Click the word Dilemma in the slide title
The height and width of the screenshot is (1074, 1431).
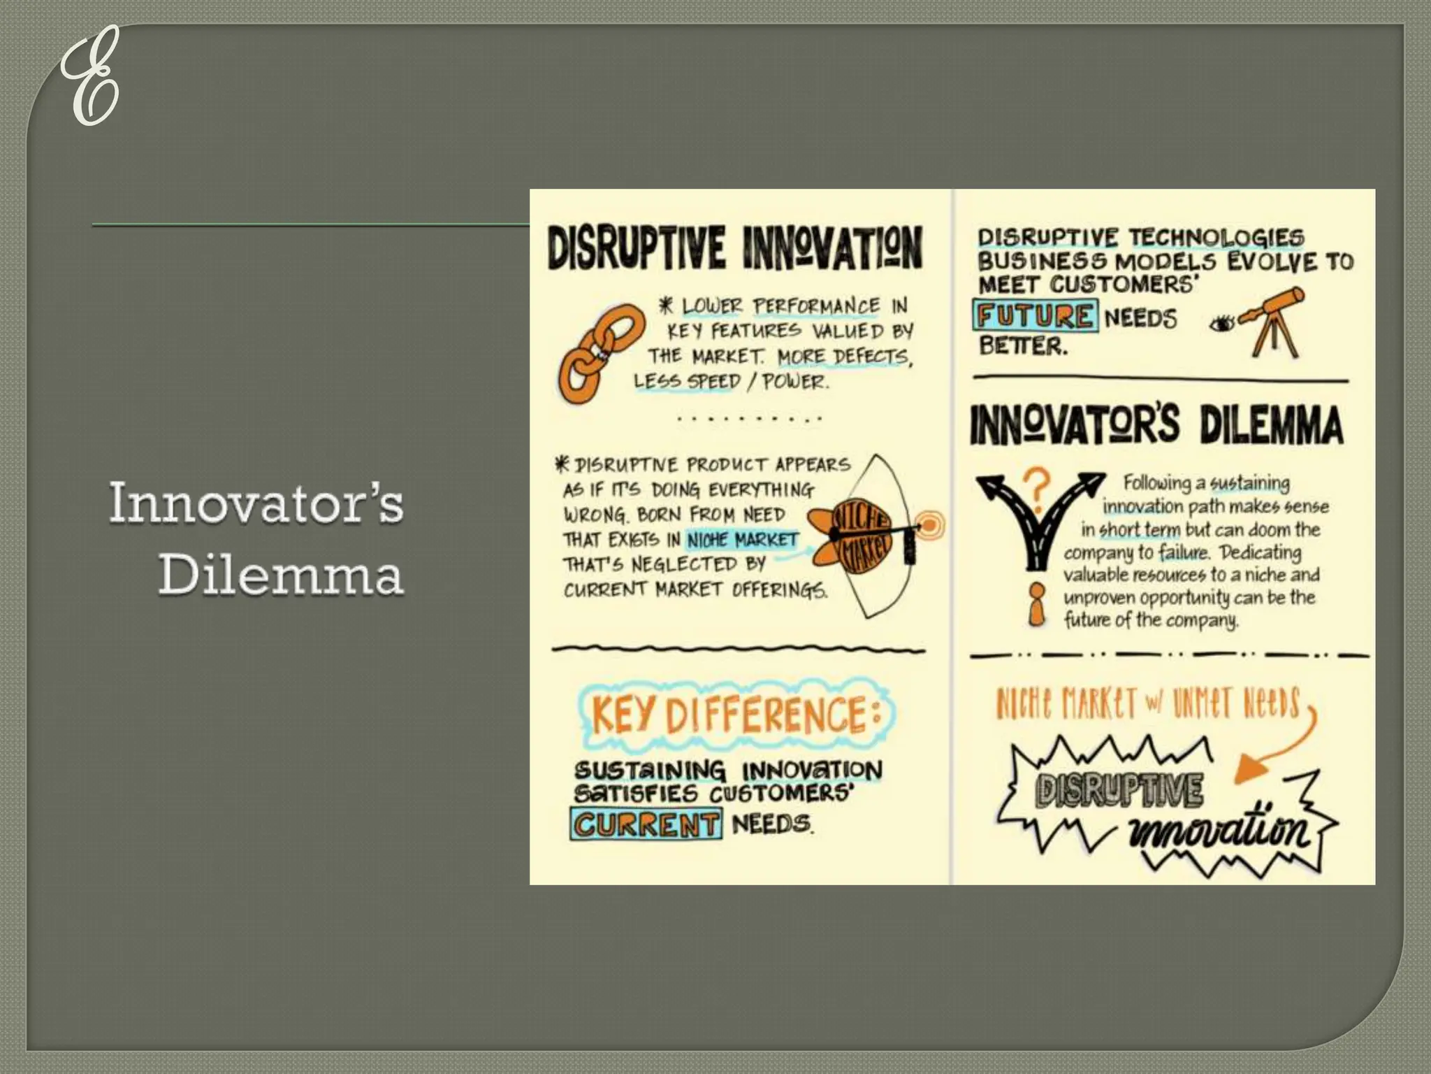281,575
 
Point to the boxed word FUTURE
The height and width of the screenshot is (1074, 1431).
1035,316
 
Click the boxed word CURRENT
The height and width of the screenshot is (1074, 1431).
645,824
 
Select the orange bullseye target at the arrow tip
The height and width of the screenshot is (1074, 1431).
929,524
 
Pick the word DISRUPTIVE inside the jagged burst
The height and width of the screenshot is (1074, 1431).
1119,789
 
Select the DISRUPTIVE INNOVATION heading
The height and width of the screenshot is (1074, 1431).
734,247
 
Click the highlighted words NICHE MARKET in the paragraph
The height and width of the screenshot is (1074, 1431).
742,540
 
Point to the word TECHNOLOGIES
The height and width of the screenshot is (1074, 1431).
1216,238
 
